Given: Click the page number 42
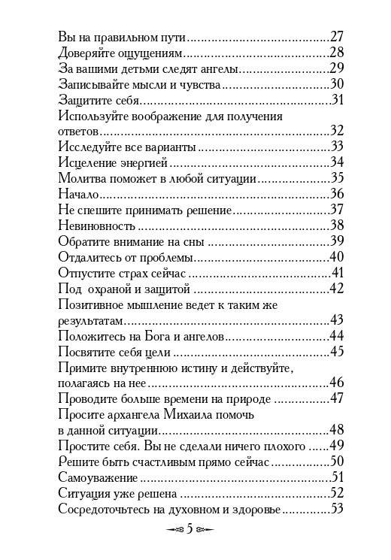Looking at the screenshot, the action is click(337, 288).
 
